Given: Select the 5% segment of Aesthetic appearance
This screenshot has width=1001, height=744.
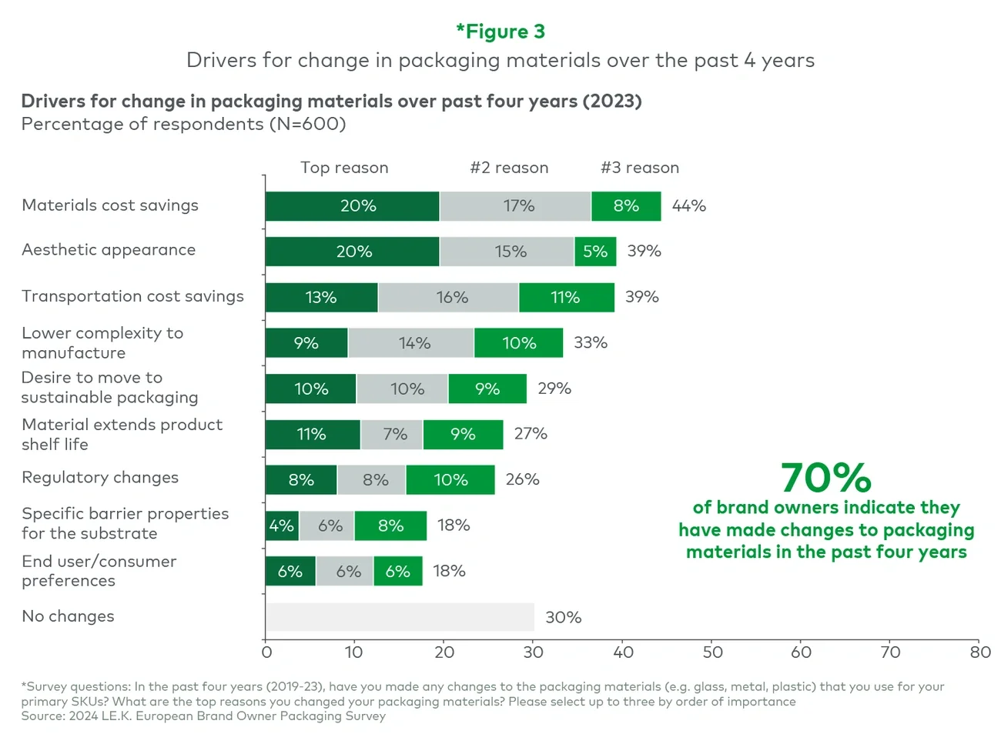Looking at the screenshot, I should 595,252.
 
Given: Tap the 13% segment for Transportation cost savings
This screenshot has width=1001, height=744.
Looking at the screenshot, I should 321,297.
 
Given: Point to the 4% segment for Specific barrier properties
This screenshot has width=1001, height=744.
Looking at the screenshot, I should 282,525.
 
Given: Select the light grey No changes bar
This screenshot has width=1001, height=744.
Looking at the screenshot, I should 400,617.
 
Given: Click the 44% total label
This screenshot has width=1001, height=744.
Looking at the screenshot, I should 688,206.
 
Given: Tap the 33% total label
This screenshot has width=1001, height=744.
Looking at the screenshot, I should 591,343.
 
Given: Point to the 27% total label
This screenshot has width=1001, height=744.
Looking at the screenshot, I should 531,434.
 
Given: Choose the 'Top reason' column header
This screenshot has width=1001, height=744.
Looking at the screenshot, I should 344,168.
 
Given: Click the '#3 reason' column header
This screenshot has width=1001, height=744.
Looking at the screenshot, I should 640,168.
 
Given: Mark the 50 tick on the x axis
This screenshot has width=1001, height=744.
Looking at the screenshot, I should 712,652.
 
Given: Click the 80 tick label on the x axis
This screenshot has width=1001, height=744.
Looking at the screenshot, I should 980,652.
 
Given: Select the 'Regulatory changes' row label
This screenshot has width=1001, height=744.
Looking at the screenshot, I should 100,478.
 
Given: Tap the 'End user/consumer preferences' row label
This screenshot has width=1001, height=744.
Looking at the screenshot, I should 99,571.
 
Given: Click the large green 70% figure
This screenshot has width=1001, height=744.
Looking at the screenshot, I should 826,478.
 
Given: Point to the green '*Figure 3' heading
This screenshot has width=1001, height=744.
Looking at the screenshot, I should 500,32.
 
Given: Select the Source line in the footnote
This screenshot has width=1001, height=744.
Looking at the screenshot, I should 203,716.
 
